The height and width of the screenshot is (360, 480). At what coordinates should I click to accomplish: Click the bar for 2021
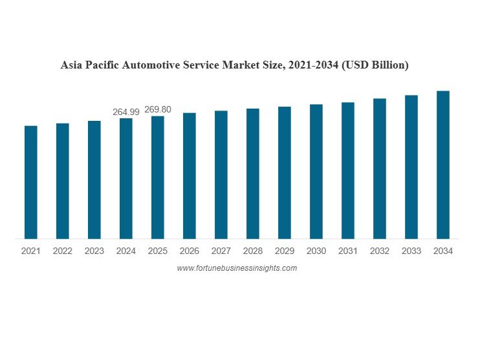coord(31,182)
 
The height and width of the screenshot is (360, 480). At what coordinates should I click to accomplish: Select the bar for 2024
coord(126,178)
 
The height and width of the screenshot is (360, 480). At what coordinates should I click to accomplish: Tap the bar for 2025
coord(158,177)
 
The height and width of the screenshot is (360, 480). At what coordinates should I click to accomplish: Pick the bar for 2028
coord(253,173)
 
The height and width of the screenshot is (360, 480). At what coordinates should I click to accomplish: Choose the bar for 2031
coord(348,170)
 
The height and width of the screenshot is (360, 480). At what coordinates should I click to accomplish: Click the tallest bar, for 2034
coord(443,165)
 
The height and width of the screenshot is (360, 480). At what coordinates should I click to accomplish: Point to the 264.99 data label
coord(126,112)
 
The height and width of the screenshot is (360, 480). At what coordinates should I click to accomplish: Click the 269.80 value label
coord(158,110)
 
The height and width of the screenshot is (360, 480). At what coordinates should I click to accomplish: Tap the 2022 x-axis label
coord(63,251)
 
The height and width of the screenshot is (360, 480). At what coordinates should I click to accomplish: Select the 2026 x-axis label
coord(190,251)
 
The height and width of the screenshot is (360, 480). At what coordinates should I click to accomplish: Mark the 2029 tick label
coord(285,251)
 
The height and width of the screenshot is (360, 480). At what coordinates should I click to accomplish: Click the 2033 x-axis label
coord(411,251)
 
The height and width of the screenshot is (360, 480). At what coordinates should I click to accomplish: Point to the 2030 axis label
coord(316,251)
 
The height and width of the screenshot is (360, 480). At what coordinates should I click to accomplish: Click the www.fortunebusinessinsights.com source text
coord(237,268)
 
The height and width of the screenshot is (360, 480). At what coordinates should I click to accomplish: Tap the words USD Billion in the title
coord(376,65)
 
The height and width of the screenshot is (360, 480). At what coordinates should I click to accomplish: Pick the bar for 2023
coord(94,180)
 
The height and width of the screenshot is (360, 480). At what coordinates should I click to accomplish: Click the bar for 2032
coord(380,168)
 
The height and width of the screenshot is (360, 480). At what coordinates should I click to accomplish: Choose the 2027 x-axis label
coord(221,251)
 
